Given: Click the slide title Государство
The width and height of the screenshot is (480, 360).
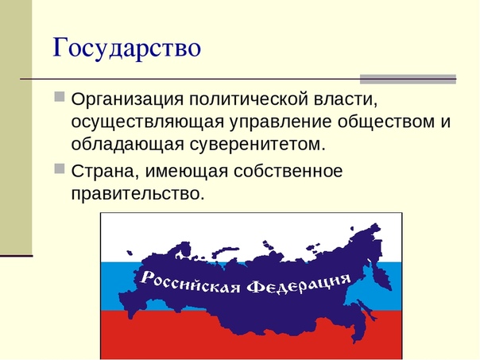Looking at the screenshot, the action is tap(126, 48).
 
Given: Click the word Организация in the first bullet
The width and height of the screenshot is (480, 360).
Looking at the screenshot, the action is tap(127, 99).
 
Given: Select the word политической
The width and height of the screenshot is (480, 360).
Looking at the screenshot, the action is tap(248, 99).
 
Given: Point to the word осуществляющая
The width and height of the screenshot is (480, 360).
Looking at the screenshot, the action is tap(148, 122).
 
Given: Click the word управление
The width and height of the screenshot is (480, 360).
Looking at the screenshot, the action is tap(281, 122).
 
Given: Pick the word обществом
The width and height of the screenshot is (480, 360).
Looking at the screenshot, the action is tap(386, 122).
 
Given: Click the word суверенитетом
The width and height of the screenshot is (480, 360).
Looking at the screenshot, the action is tap(257, 145).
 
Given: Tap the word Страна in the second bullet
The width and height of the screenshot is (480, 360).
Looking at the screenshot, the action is tap(103, 171).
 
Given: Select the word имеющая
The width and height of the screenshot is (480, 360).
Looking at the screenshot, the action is tap(186, 172).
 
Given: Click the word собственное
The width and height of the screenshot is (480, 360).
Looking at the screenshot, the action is tap(288, 170).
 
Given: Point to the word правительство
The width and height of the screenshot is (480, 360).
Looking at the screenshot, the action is tap(137, 193).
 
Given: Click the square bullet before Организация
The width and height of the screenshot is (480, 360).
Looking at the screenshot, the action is tap(60, 96).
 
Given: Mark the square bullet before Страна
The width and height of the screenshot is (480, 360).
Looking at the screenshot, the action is tap(60, 168).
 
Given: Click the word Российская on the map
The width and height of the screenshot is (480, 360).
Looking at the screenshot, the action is tap(190, 282).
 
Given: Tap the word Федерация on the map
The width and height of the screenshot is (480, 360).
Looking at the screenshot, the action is tap(299, 284).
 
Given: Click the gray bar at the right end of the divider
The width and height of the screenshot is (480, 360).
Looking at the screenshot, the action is tap(408, 79).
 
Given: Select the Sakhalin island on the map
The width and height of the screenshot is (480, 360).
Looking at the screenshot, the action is tap(366, 309).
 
